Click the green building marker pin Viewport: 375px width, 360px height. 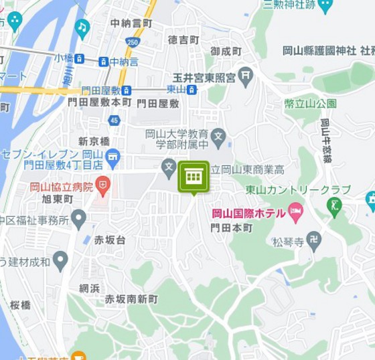tap(194, 177)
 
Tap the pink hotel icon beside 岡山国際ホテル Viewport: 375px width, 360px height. tap(295, 213)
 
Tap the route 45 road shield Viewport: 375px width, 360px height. tap(114, 120)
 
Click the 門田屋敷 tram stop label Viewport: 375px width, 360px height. tap(102, 90)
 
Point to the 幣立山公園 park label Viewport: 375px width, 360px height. tap(309, 104)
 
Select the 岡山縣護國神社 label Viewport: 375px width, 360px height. tap(319, 50)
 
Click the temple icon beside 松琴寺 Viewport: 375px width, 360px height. tap(313, 240)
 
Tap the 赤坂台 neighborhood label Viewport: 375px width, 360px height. tap(109, 240)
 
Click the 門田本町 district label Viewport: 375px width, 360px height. tap(231, 228)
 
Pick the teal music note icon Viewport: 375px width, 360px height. tap(82, 27)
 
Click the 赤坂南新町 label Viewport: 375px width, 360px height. tap(131, 299)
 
